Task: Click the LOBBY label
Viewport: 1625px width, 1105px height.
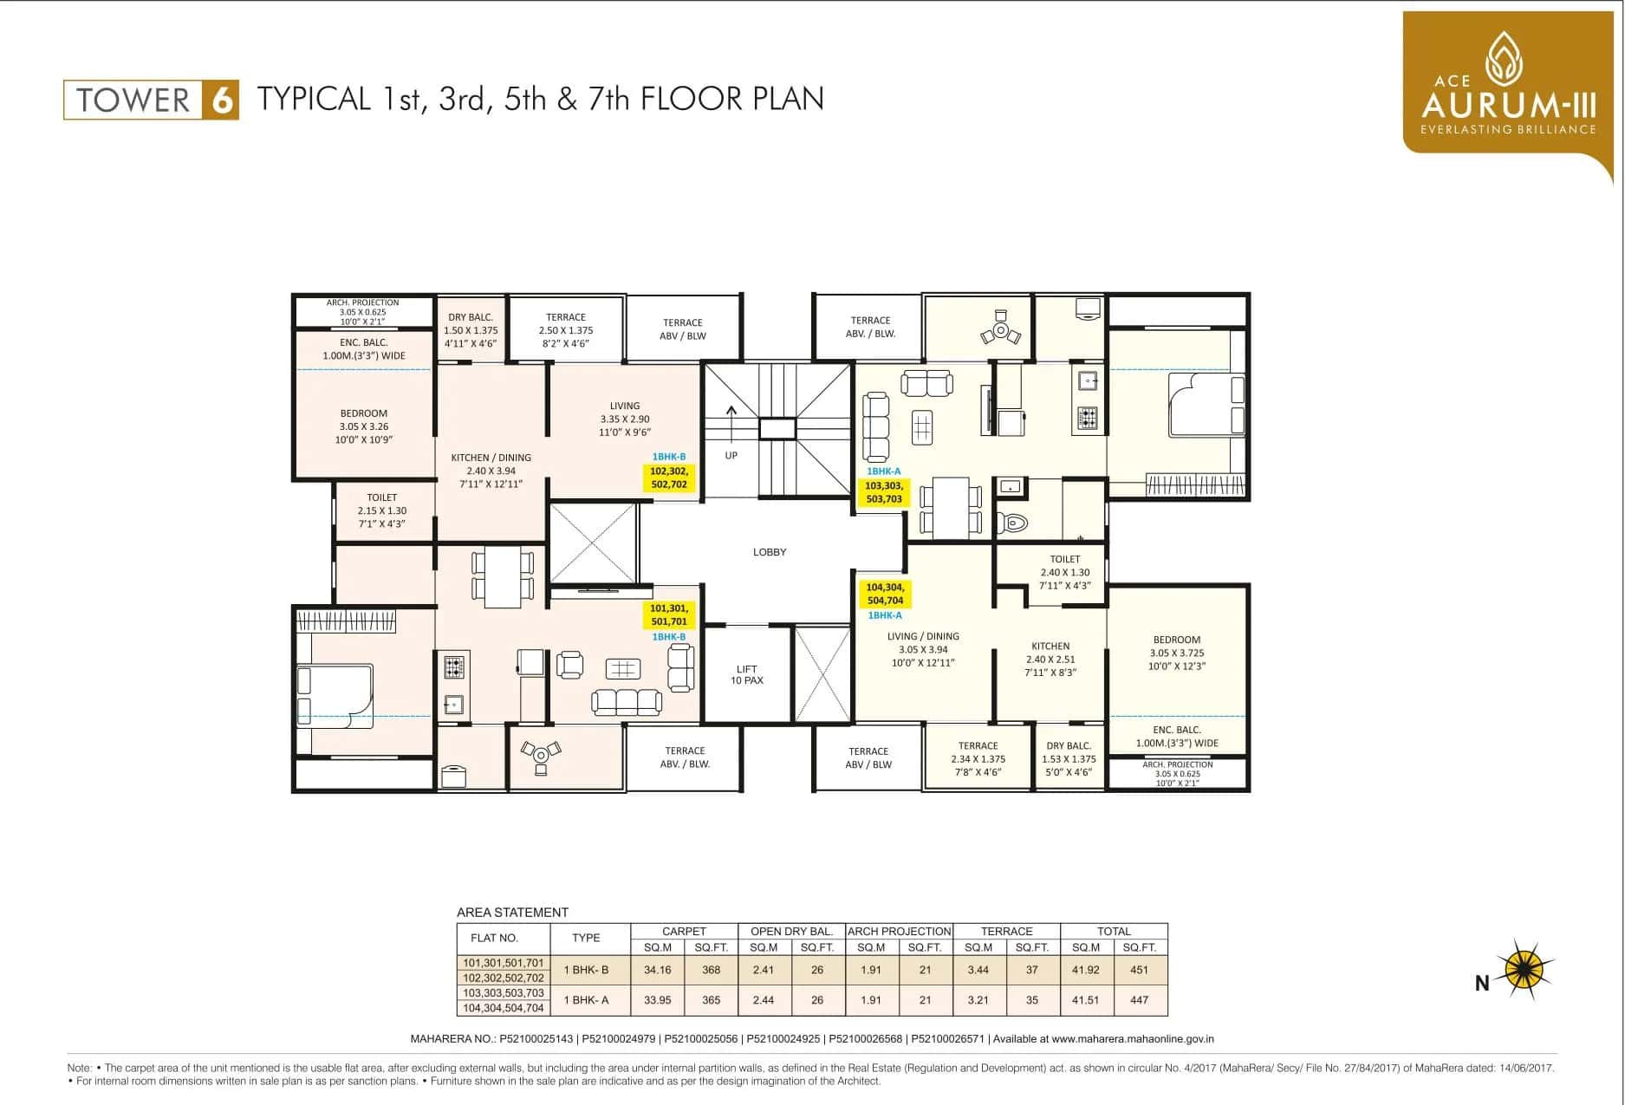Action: point(769,552)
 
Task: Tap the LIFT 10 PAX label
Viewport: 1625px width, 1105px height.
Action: point(746,674)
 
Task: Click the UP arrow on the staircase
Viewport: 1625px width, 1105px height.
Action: point(731,417)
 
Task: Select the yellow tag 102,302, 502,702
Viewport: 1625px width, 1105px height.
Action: point(669,478)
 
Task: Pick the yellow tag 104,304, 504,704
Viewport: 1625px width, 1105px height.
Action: point(884,594)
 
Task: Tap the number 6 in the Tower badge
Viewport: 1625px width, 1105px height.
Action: point(221,101)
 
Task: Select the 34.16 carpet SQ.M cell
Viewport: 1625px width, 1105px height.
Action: point(658,970)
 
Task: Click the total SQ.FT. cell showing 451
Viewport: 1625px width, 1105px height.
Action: point(1139,970)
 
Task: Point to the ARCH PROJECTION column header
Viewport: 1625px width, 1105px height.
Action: point(899,931)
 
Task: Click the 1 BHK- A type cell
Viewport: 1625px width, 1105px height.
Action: point(586,1000)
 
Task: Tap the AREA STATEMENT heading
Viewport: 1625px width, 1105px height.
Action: point(512,913)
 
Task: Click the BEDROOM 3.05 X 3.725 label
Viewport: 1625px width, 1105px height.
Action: point(1176,653)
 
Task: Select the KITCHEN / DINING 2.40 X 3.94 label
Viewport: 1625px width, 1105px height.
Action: point(491,471)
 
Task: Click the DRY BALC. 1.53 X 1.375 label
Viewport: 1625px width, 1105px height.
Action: point(1068,758)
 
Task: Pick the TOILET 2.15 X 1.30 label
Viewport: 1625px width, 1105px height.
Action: point(381,510)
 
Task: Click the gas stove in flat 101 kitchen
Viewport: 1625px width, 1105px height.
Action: point(454,666)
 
